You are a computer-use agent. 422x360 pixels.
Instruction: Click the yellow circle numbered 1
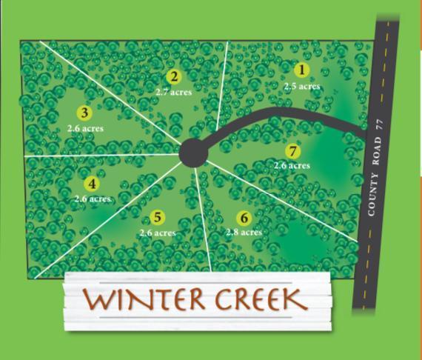click(301, 70)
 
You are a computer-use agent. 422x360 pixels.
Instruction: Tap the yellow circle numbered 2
click(174, 76)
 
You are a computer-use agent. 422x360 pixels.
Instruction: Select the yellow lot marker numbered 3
click(84, 113)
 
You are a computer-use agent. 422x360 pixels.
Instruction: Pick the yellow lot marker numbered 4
click(92, 184)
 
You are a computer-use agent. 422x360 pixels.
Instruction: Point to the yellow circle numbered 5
click(157, 217)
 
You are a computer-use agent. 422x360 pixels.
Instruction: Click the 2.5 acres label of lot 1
click(302, 86)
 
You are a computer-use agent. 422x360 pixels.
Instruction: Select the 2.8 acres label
click(244, 233)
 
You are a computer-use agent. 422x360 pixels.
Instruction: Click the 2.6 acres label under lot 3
click(84, 128)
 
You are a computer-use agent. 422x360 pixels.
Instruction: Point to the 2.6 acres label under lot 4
click(93, 199)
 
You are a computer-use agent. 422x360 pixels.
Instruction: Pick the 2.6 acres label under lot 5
click(157, 233)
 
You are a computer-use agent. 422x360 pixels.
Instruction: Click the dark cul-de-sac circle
click(193, 153)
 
